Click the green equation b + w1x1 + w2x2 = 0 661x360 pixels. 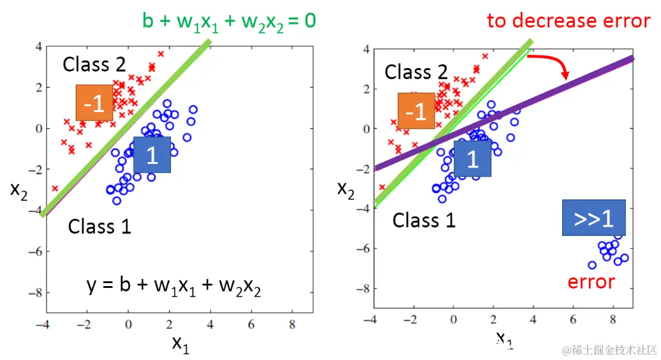tap(229, 21)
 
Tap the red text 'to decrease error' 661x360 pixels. tap(568, 21)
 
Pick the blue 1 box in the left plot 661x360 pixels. tap(152, 155)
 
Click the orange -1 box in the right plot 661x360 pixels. tap(416, 111)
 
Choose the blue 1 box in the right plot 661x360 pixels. tap(472, 159)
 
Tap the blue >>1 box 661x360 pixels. tap(594, 218)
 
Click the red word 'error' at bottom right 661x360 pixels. tap(591, 281)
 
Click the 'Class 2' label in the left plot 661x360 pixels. tap(94, 64)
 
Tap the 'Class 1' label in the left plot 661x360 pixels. tap(100, 226)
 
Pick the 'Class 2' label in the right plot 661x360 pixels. tap(416, 72)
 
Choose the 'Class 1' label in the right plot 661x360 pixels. tap(424, 221)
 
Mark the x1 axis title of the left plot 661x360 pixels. tap(181, 343)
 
